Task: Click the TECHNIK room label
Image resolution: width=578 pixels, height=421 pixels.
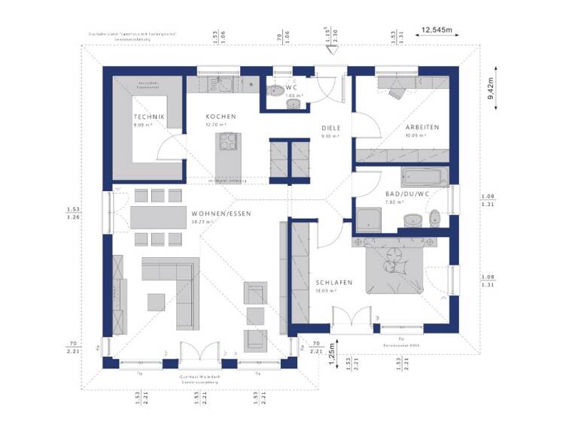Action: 148,117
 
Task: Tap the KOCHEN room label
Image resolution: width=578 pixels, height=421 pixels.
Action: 221,117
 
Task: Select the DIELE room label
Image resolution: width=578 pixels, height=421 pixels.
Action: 331,128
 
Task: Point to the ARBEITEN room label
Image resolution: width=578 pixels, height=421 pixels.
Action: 422,127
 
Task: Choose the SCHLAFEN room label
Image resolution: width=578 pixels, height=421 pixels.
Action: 334,282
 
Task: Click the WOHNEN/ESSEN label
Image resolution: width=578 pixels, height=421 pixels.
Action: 221,214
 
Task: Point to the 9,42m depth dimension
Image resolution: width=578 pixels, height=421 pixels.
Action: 491,89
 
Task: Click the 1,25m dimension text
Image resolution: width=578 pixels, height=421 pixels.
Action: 331,353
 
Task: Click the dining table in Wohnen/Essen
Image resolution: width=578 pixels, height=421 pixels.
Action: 157,217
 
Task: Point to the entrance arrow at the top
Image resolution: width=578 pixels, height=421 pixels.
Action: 329,49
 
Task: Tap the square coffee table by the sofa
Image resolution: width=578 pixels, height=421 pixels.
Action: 157,301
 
